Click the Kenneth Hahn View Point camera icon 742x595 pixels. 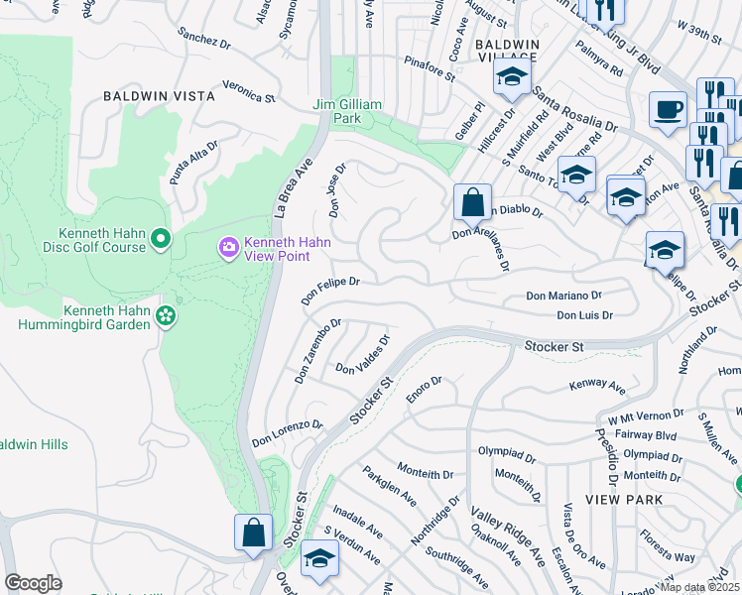point(229,246)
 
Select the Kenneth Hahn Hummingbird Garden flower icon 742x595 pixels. point(166,315)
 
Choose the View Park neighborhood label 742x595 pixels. point(623,500)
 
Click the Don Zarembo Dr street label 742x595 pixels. point(317,351)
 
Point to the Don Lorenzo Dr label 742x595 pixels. point(287,432)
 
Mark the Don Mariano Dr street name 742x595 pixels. point(563,296)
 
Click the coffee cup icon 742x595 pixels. point(668,108)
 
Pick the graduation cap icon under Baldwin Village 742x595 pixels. point(512,78)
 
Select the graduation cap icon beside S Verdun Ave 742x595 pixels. point(318,559)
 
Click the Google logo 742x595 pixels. point(33,583)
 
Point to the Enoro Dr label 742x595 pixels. point(424,388)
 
